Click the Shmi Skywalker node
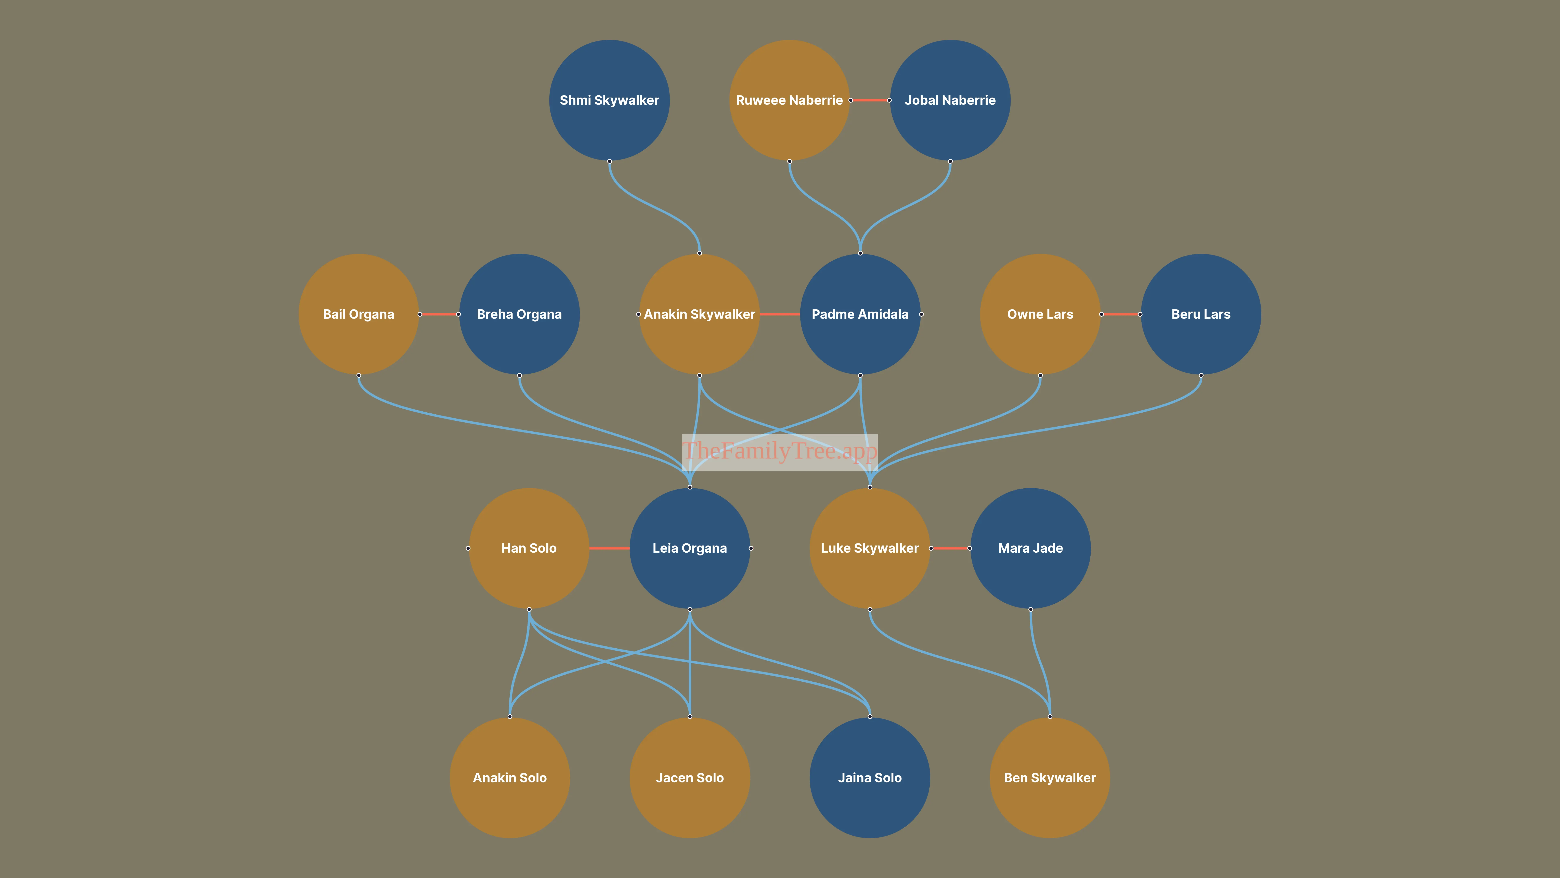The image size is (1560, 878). [x=609, y=100]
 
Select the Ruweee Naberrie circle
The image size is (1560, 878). [x=789, y=100]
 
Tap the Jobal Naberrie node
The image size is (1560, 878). [x=950, y=100]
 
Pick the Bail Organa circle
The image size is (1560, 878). [x=359, y=314]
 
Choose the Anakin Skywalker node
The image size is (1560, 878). [x=699, y=314]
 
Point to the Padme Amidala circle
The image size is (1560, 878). [x=860, y=314]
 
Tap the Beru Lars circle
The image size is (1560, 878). [x=1201, y=314]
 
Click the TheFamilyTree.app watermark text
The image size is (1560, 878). [x=780, y=451]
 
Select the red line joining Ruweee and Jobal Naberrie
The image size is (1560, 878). [x=870, y=100]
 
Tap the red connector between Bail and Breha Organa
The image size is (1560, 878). [x=439, y=314]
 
